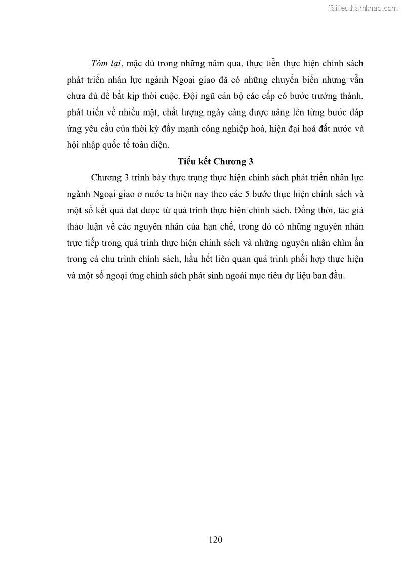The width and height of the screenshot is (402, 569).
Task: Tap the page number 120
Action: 215,539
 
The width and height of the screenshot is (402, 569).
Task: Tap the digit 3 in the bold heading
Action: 250,162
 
